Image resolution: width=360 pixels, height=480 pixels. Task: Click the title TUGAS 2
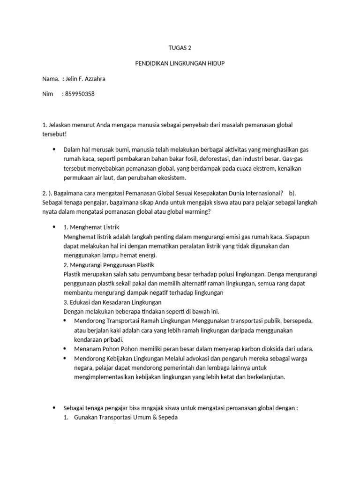(180, 48)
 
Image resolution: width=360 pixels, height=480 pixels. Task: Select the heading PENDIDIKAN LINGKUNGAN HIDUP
(180, 63)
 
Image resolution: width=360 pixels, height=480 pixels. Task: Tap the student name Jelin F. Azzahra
(87, 79)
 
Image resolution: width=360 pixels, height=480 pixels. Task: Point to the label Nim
(47, 94)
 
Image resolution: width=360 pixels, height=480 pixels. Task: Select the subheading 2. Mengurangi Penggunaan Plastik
(104, 265)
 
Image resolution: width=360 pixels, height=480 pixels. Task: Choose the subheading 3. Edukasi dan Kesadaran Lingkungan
(112, 302)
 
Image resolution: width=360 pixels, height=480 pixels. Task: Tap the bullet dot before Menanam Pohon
(65, 349)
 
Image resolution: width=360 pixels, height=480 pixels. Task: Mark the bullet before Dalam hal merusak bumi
(54, 149)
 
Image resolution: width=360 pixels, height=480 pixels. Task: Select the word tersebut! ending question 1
(54, 134)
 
